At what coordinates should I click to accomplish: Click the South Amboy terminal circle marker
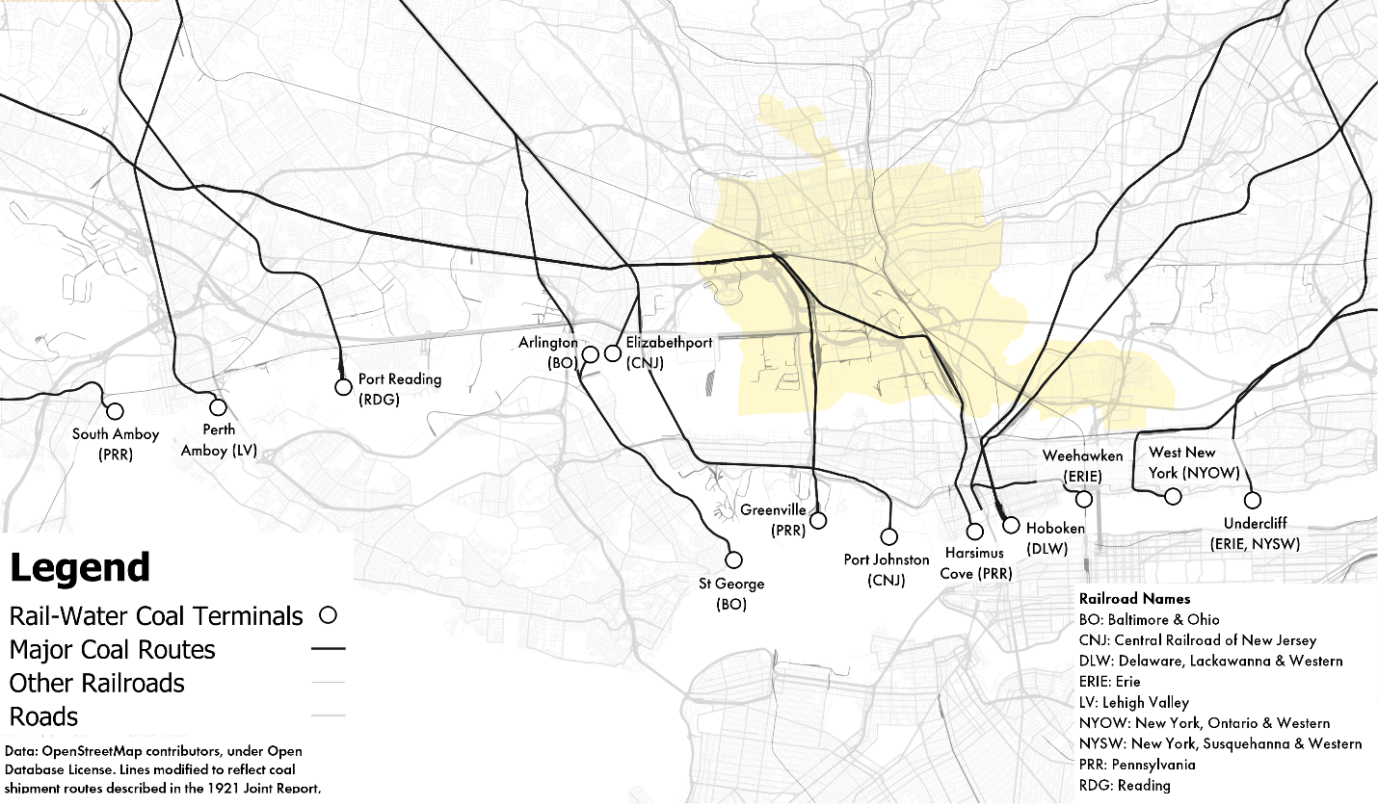114,411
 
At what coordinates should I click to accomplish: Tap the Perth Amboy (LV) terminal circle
218,407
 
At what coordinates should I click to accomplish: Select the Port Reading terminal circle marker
343,387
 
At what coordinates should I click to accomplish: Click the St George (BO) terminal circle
733,559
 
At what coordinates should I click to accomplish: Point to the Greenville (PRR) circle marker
818,520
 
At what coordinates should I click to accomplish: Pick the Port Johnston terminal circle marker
888,536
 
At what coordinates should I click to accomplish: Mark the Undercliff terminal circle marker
1252,500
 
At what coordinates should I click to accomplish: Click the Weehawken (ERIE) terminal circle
1084,499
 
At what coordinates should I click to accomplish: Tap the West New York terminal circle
1173,496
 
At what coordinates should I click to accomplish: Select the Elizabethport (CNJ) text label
669,352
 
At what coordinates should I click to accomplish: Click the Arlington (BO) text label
548,352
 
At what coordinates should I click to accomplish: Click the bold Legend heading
80,568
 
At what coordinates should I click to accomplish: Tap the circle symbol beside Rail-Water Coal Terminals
328,614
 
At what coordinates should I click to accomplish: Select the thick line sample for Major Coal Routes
328,649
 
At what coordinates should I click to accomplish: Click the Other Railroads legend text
96,683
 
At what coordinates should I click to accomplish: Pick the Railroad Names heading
1134,598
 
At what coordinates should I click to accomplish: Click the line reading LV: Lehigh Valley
1134,702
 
